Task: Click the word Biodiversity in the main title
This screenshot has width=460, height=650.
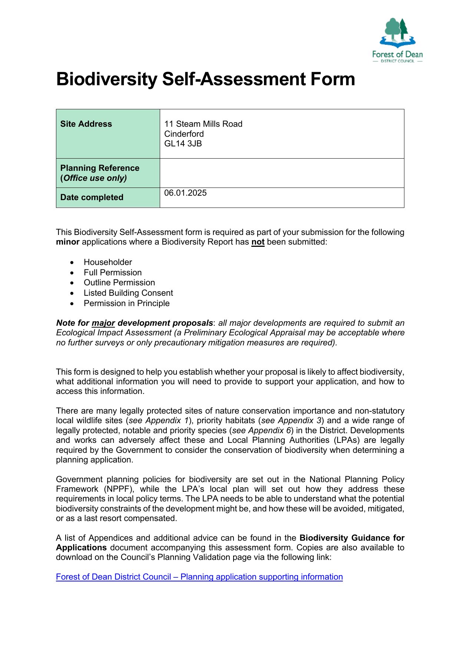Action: [x=107, y=79]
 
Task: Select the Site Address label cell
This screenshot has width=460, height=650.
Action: [x=108, y=133]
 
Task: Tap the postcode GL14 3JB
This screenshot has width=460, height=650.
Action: [x=183, y=143]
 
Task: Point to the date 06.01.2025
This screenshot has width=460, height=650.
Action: [x=185, y=193]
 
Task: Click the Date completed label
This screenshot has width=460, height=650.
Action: [x=92, y=197]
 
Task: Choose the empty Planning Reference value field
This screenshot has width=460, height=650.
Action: [x=282, y=173]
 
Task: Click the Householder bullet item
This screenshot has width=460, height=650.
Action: [x=108, y=262]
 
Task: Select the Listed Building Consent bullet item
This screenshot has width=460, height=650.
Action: [x=128, y=293]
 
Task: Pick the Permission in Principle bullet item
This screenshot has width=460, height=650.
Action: [x=126, y=303]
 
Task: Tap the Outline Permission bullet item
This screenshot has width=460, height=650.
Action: [x=119, y=282]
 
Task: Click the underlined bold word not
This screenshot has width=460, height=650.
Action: [x=258, y=242]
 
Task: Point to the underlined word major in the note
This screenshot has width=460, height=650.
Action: [x=103, y=323]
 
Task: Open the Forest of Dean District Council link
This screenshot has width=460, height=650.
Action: [x=199, y=577]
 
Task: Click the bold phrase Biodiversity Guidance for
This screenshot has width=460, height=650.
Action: [x=352, y=538]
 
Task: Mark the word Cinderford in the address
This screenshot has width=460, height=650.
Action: [x=184, y=134]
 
